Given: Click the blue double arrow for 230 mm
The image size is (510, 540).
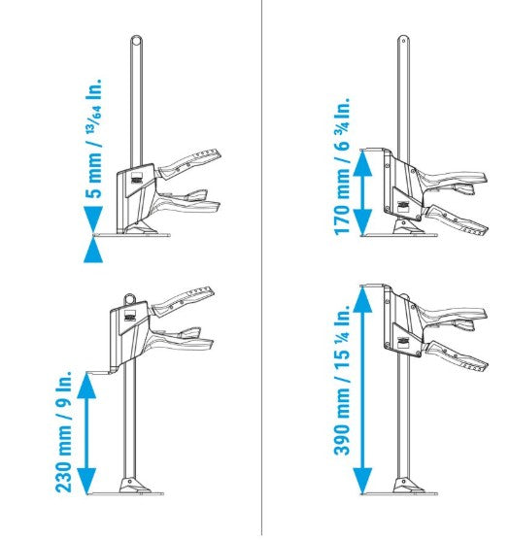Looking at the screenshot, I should [88, 432].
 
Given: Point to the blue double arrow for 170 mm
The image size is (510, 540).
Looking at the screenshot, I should [363, 192].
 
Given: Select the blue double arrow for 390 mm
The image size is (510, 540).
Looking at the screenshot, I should [363, 388].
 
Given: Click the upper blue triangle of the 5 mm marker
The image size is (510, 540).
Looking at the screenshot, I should [93, 222].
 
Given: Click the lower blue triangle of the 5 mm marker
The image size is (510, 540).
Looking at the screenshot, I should [93, 251].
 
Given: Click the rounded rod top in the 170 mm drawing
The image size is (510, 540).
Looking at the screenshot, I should [402, 42].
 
